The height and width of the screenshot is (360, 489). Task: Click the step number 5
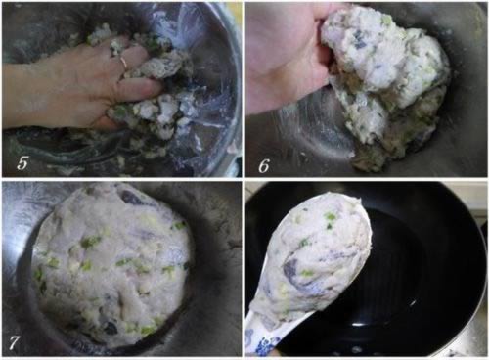pyautogui.click(x=22, y=163)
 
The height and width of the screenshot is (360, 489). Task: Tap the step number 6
pyautogui.click(x=264, y=166)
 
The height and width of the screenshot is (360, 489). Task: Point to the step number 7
pyautogui.click(x=14, y=342)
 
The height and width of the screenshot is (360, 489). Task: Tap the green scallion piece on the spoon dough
pyautogui.click(x=331, y=216)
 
